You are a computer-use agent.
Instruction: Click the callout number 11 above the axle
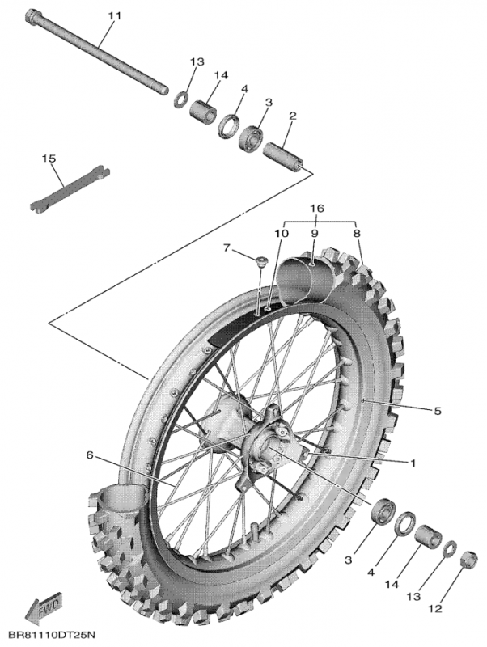click(x=113, y=16)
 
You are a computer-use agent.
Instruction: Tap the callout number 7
click(x=227, y=247)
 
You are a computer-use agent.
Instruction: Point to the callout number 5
click(x=437, y=411)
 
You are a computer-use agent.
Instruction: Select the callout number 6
click(x=91, y=455)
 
